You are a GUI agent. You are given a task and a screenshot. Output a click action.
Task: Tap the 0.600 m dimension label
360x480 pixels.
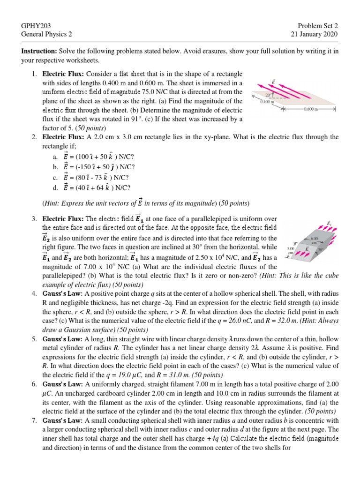[x=311, y=109]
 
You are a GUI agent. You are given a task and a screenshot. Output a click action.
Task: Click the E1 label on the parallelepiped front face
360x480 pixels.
[x=305, y=248]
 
